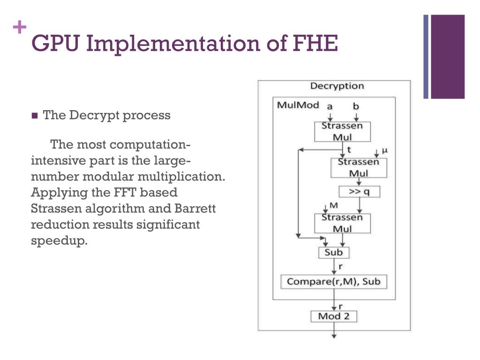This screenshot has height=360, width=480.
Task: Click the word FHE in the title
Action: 315,44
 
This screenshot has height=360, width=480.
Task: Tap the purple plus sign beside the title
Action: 19,28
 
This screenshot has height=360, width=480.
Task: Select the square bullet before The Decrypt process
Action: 34,116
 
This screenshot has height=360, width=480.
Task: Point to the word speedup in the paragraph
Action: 59,241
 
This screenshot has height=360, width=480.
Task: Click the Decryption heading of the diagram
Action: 337,86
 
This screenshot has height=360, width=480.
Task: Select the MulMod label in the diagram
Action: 298,105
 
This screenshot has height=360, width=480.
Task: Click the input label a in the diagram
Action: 330,106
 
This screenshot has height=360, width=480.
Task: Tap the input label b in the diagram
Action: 356,106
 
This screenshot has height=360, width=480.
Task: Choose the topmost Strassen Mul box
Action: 342,132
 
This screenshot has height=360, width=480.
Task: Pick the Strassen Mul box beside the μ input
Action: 359,167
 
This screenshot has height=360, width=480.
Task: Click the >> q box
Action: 359,192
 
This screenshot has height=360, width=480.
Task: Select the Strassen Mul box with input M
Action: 342,223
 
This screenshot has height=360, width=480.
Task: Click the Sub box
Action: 334,253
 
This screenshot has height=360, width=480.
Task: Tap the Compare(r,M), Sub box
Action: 334,282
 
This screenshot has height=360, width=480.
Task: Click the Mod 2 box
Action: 334,316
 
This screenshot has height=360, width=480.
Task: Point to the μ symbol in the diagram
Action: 385,150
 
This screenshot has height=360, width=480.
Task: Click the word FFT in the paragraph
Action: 125,193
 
